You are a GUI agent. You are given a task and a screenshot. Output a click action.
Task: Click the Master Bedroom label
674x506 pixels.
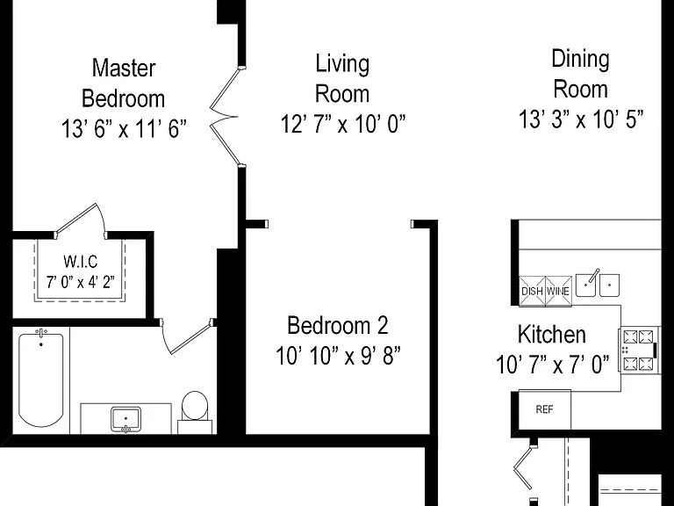[124, 83]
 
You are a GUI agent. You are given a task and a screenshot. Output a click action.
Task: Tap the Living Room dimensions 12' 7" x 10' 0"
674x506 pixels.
[342, 124]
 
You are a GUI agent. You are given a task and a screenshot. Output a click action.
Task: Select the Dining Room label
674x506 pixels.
[580, 74]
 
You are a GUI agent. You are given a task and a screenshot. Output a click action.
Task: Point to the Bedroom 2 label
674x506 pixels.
[337, 325]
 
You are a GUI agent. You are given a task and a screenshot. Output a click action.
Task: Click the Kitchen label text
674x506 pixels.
[551, 335]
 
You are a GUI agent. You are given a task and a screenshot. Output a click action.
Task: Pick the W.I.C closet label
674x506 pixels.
[81, 262]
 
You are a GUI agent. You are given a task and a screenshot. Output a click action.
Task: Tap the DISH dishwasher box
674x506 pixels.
[532, 292]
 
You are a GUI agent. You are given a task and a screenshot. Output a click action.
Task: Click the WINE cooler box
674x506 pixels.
[558, 292]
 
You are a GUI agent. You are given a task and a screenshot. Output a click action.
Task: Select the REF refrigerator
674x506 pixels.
[545, 409]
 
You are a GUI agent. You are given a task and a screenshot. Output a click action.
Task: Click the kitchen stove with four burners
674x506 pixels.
[639, 350]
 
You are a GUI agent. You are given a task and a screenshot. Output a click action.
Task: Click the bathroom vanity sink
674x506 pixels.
[125, 419]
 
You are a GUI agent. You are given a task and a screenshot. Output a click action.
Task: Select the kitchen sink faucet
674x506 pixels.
[592, 276]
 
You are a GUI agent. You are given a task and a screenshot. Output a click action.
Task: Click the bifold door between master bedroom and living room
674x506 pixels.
[226, 116]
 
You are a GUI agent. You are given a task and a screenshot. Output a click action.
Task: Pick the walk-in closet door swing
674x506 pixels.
[80, 220]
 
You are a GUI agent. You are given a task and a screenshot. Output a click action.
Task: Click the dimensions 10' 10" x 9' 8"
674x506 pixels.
[338, 356]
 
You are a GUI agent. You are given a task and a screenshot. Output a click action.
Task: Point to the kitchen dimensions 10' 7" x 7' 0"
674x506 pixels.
[552, 365]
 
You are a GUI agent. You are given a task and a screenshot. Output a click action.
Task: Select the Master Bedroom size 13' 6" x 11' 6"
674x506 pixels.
[124, 128]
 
